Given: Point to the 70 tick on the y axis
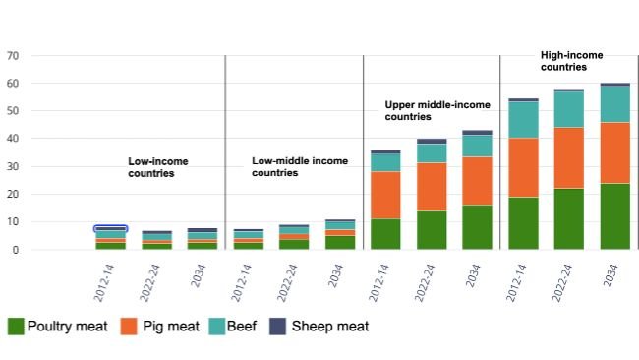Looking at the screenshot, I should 13,56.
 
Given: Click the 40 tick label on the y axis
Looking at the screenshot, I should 13,139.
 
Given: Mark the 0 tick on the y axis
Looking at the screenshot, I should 16,250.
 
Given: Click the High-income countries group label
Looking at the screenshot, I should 572,61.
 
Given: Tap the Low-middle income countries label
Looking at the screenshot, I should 300,166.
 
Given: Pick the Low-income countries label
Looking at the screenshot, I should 157,166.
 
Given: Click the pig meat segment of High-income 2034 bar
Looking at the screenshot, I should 614,152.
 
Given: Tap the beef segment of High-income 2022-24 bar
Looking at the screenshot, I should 568,109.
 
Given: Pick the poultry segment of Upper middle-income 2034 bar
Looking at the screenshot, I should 477,227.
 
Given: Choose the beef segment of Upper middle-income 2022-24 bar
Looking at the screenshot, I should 431,153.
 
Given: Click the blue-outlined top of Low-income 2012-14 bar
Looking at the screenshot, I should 110,229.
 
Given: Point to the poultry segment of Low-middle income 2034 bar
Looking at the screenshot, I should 339,242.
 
